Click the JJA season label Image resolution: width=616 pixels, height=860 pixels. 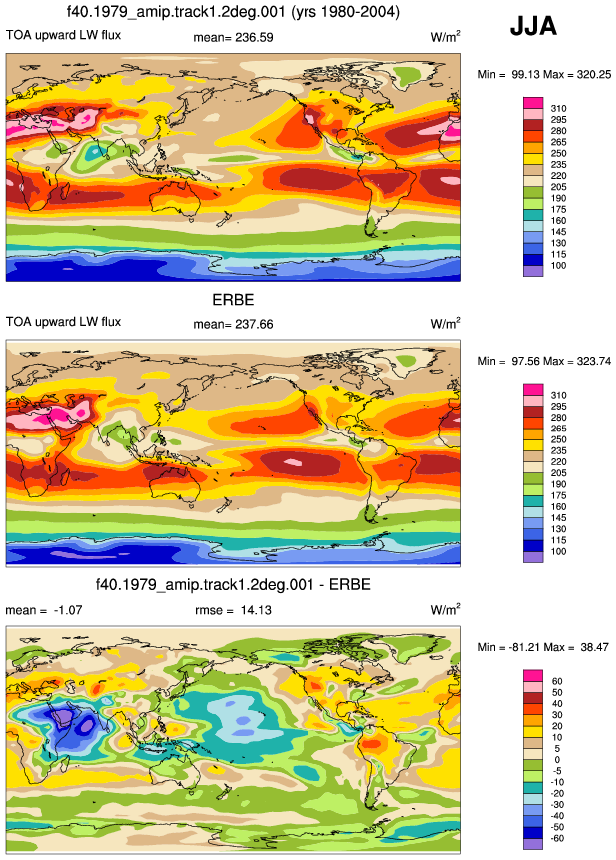tap(533, 26)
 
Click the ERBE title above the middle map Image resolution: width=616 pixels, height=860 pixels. tap(233, 300)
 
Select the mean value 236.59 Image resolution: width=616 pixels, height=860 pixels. tap(254, 37)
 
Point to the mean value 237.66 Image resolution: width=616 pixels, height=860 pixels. tap(254, 325)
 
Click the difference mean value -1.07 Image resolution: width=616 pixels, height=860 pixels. tap(68, 610)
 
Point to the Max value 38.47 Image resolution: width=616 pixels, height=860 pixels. tap(595, 647)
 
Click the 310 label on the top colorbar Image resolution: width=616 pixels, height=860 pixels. tap(558, 109)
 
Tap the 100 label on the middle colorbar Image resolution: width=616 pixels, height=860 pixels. tap(558, 551)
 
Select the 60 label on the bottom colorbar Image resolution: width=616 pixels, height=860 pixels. tap(557, 682)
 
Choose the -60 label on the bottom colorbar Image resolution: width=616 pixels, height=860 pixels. tap(556, 838)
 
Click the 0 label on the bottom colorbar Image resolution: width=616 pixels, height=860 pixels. tap(557, 760)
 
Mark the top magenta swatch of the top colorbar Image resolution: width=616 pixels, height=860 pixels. tap(533, 103)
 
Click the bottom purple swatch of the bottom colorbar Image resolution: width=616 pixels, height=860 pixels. tap(533, 844)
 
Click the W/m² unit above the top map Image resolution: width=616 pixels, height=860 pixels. tap(445, 37)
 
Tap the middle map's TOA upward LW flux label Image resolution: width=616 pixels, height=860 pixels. tap(63, 322)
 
